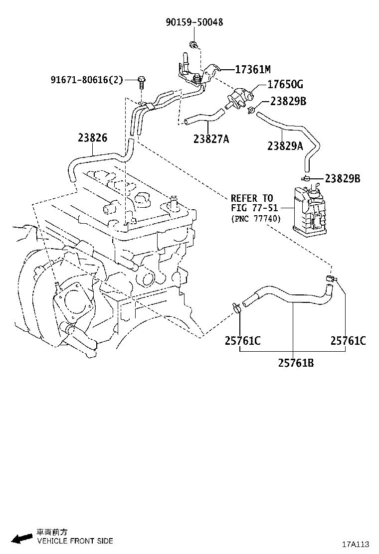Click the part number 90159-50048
(194, 22)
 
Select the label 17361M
(252, 69)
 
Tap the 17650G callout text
(285, 85)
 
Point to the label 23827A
(211, 139)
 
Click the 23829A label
(285, 146)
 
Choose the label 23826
(92, 138)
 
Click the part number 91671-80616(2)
(86, 80)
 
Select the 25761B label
(296, 363)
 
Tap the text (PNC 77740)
(256, 218)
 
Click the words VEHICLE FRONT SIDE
(75, 541)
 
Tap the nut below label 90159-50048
(193, 46)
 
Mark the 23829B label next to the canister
(342, 178)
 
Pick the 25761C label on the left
(242, 341)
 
